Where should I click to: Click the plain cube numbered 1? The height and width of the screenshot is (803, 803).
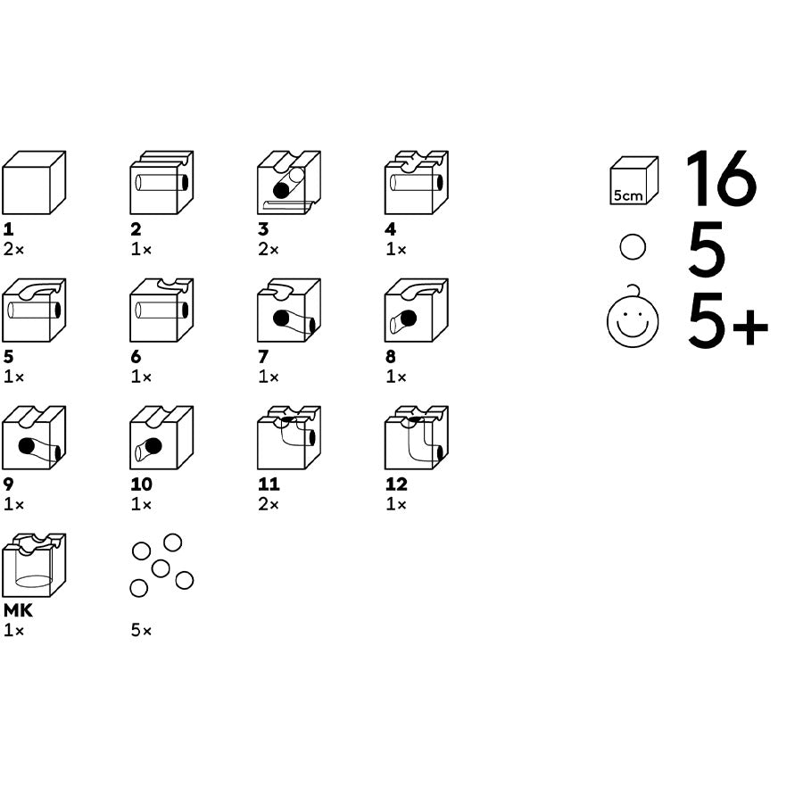point(34,182)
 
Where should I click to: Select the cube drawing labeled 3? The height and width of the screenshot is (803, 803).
point(289,182)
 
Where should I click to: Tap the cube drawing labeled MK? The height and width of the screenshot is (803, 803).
point(34,565)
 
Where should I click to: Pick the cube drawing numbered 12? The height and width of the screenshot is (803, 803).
point(417,437)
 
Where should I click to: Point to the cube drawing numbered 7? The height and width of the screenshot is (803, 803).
point(289,310)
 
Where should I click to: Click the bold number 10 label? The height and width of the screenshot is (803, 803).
point(141,484)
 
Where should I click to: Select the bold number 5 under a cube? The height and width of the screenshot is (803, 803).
point(9,356)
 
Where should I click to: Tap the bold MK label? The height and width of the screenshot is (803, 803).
point(18,610)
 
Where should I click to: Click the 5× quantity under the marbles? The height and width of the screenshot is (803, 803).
point(141,630)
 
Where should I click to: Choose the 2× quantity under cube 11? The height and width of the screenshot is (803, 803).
point(269,504)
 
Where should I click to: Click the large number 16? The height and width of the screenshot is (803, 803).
point(721,178)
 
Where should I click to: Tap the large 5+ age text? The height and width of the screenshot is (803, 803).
point(728,320)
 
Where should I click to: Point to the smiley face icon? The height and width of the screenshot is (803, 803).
point(633,319)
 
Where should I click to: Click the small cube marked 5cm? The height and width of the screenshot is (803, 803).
point(634,180)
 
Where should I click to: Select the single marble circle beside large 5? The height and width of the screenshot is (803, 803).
point(633,247)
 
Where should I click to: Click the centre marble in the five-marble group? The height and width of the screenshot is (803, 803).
point(161,568)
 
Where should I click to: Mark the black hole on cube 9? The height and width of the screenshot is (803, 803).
point(27,445)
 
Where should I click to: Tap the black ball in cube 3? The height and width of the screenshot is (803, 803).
point(281,191)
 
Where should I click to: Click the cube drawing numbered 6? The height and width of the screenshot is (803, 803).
point(161,310)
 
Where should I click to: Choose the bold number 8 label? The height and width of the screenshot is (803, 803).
point(391,356)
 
